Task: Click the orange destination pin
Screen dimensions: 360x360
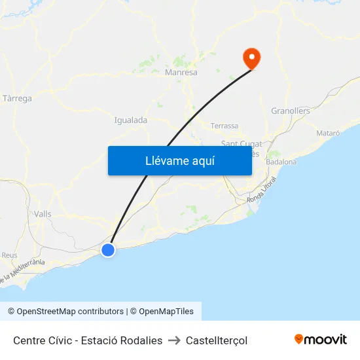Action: tap(251, 58)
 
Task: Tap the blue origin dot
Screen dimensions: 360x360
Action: tap(108, 249)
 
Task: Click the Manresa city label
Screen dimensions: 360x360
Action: tap(181, 73)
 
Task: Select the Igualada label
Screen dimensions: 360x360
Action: tap(130, 120)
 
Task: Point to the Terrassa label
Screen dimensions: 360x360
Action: tap(225, 126)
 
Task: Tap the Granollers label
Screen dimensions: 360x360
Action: tap(290, 111)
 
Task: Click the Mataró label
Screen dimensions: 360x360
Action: tap(328, 133)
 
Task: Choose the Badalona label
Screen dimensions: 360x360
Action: tap(281, 162)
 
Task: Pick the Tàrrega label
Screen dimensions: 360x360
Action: tap(18, 99)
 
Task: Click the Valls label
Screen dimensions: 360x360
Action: tap(43, 214)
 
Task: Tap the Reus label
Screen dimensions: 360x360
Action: tap(9, 255)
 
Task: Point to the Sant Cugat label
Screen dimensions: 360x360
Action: tap(241, 144)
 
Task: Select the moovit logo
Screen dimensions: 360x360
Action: tap(320, 340)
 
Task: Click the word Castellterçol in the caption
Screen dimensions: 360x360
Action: tap(217, 340)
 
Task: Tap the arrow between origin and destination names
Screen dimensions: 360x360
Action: tap(174, 340)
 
